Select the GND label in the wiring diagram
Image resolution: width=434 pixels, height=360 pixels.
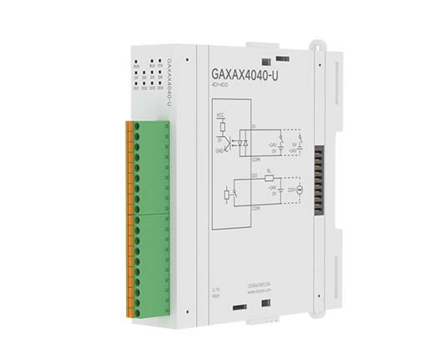pos(220,150)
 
